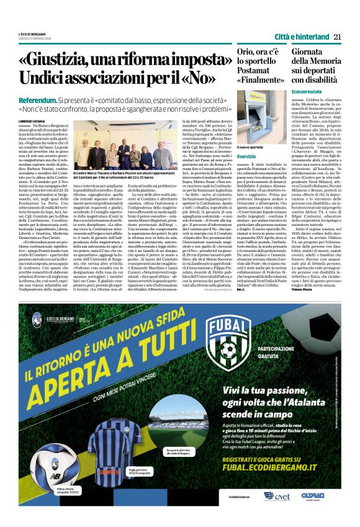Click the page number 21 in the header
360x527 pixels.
[337, 36]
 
